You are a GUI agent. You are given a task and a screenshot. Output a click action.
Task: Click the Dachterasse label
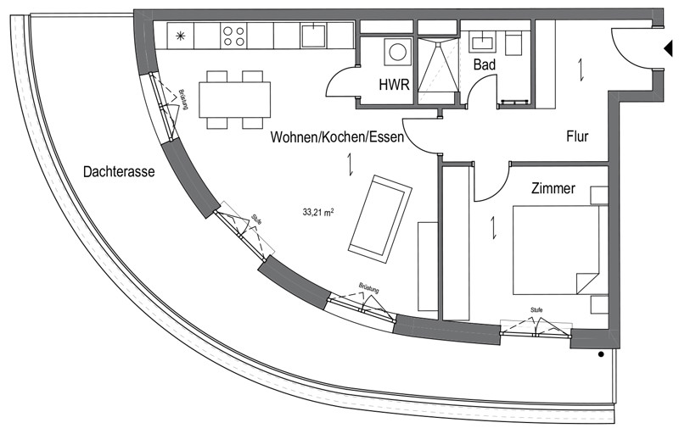(119, 172)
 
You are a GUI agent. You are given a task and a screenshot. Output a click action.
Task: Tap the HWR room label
(394, 84)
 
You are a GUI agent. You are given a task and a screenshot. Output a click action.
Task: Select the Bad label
(484, 65)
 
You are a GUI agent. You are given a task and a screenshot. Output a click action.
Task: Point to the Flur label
(577, 136)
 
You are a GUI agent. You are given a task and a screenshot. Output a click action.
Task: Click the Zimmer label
(553, 188)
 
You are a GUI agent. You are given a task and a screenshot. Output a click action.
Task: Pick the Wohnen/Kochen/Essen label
(337, 137)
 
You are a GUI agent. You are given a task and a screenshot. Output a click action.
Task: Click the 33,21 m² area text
(317, 213)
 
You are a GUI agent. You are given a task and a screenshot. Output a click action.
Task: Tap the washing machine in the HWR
(397, 52)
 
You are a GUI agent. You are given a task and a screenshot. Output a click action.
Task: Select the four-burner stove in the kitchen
(233, 36)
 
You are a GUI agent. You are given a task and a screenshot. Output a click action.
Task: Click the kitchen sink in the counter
(313, 36)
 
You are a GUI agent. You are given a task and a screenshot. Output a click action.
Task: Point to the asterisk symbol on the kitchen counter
(180, 36)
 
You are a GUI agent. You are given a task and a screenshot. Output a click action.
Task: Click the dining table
(235, 99)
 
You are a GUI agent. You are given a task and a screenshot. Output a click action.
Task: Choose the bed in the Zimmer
(557, 250)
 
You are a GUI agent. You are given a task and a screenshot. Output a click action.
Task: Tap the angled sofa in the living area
(379, 220)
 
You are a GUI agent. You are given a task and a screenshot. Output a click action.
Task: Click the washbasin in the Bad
(483, 42)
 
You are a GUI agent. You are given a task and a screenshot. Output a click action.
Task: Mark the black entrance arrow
(668, 48)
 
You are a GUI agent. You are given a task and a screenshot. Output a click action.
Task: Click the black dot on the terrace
(601, 354)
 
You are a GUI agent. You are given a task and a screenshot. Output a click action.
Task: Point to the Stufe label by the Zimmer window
(536, 310)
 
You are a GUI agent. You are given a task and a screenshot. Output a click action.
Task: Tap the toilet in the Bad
(514, 44)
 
